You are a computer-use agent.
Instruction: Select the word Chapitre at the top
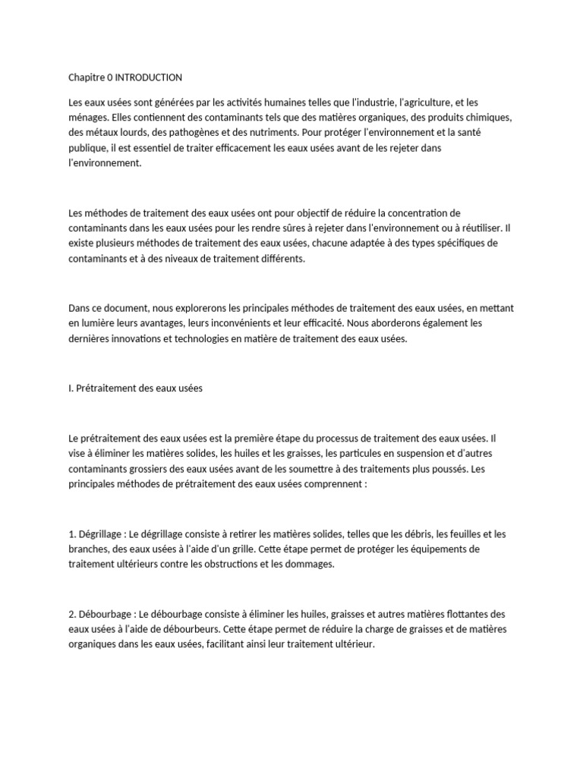(87, 77)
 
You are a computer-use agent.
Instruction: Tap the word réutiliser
(479, 228)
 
